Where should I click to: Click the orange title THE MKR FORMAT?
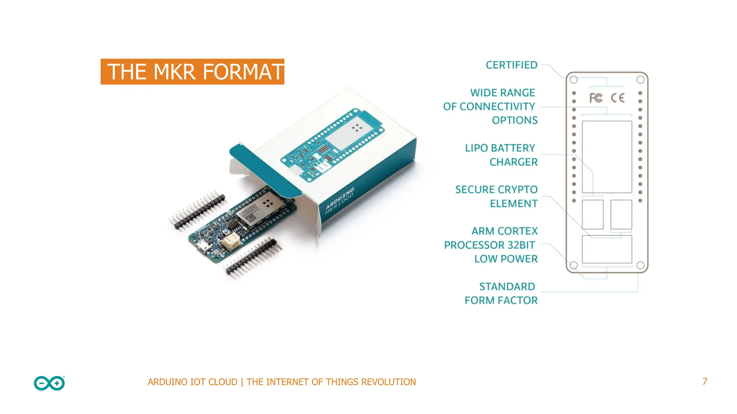pyautogui.click(x=193, y=72)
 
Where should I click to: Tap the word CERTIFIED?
pyautogui.click(x=511, y=65)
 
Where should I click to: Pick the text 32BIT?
pyautogui.click(x=521, y=245)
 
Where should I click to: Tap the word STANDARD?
pyautogui.click(x=507, y=286)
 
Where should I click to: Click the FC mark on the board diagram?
pyautogui.click(x=596, y=98)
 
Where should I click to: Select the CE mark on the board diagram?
pyautogui.click(x=618, y=98)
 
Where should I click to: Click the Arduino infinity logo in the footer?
pyautogui.click(x=49, y=383)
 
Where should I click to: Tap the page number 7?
pyautogui.click(x=705, y=382)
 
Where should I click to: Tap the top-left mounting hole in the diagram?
pyautogui.click(x=574, y=80)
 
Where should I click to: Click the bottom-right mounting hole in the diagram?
pyautogui.click(x=641, y=265)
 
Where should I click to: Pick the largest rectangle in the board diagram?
pyautogui.click(x=607, y=157)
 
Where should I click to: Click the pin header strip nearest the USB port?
pyautogui.click(x=253, y=258)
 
